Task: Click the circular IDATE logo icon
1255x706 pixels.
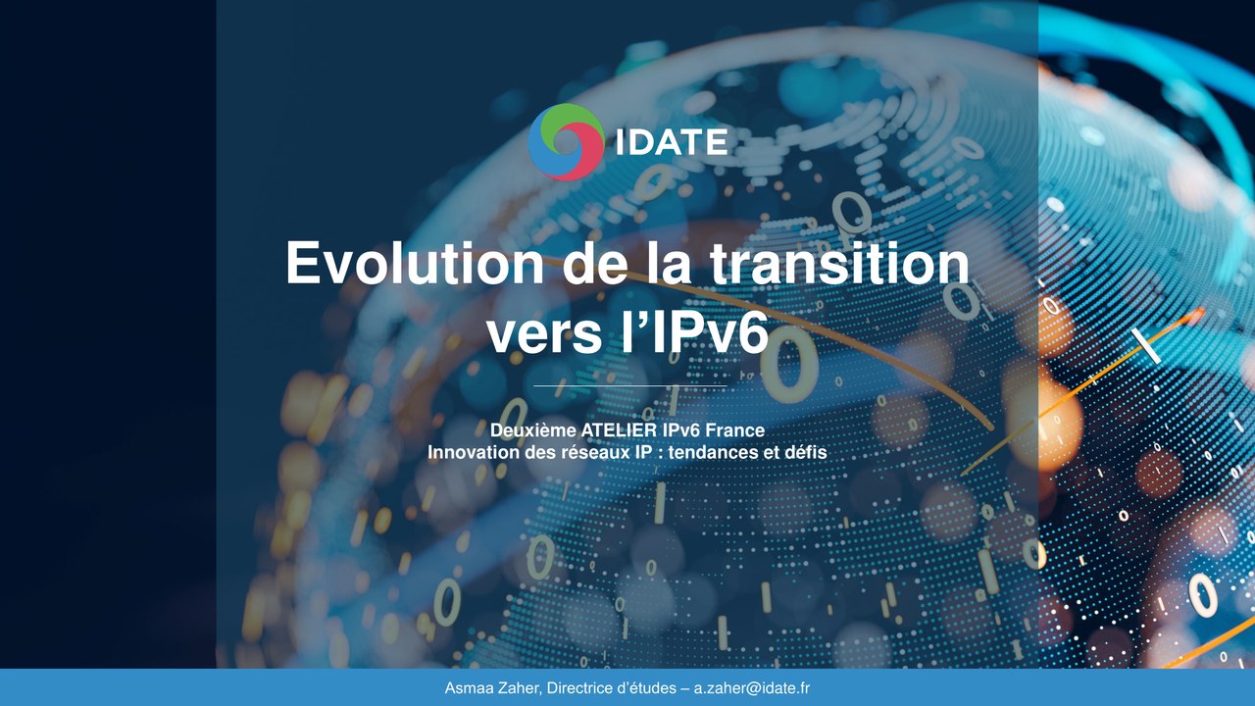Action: [x=566, y=142]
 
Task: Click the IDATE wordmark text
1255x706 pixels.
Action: [x=672, y=142]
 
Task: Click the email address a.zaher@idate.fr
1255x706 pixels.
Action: [x=752, y=688]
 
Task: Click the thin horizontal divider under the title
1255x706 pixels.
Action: [x=627, y=386]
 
